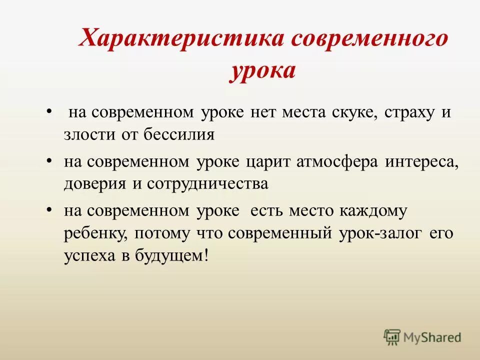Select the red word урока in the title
point(263,71)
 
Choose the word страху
point(409,113)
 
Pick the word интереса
point(423,162)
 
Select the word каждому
point(374,211)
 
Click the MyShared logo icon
point(392,337)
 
